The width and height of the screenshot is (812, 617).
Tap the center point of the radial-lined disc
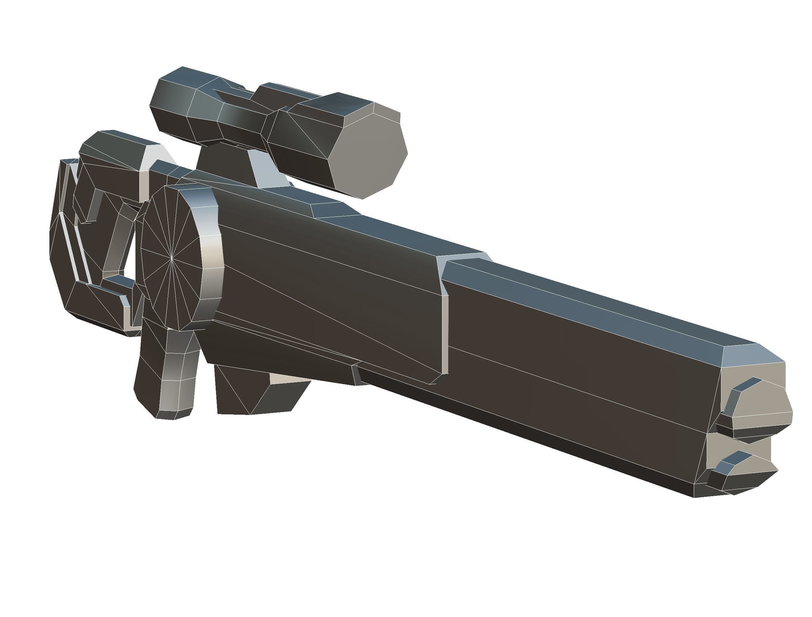point(171,258)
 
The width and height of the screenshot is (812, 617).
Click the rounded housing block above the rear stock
point(114,162)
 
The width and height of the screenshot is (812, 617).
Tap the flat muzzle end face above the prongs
point(756,378)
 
